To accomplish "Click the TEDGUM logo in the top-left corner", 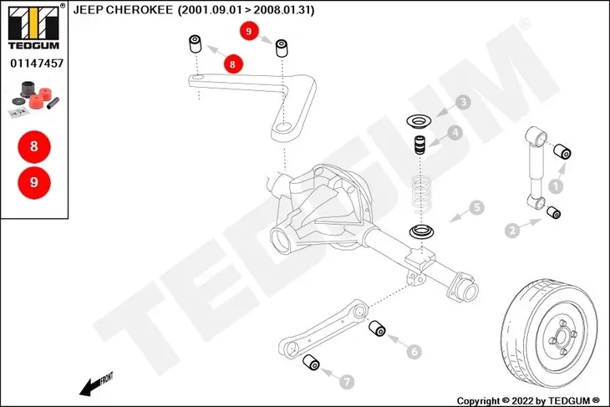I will tap(33, 26).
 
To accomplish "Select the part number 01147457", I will tap(33, 63).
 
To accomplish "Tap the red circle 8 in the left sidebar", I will tap(34, 147).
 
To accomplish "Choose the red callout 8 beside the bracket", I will tap(233, 63).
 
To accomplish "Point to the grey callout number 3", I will tap(463, 104).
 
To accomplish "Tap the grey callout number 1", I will tap(556, 177).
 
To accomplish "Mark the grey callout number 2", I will tap(512, 228).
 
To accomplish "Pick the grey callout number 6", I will tap(414, 352).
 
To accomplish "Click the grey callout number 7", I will tap(348, 381).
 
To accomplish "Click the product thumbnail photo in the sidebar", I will tap(33, 98).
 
